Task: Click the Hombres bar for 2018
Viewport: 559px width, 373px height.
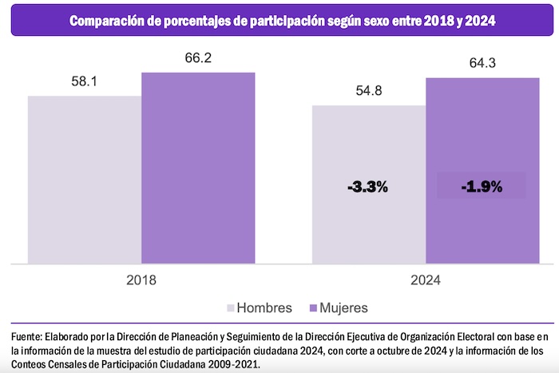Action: pyautogui.click(x=85, y=180)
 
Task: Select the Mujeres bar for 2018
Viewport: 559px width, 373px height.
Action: pyautogui.click(x=198, y=168)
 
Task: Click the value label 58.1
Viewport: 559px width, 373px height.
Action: pyautogui.click(x=85, y=81)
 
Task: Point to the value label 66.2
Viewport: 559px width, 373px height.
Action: pyautogui.click(x=198, y=58)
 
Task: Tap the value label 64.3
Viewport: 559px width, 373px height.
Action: pyautogui.click(x=482, y=63)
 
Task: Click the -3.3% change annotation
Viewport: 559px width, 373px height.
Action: pyautogui.click(x=368, y=187)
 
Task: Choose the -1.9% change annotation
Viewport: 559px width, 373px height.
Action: pyautogui.click(x=482, y=187)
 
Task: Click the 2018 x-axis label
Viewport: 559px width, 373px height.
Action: pyautogui.click(x=141, y=280)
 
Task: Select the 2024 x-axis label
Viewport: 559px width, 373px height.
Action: pyautogui.click(x=426, y=280)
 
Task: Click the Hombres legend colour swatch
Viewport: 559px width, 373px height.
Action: pyautogui.click(x=232, y=308)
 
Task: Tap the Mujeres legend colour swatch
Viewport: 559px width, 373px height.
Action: pyautogui.click(x=313, y=308)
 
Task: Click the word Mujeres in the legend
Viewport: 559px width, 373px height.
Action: pyautogui.click(x=344, y=308)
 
